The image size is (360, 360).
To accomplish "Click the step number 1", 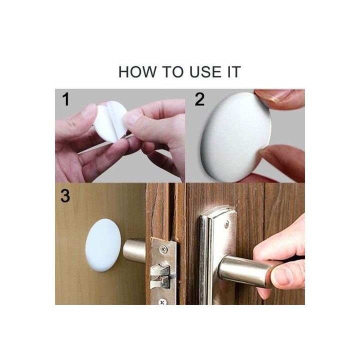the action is pyautogui.click(x=66, y=99).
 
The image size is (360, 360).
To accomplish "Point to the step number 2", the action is pyautogui.click(x=199, y=99).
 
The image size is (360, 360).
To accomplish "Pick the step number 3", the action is pyautogui.click(x=65, y=196).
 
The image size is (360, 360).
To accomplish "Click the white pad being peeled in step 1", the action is pyautogui.click(x=110, y=121).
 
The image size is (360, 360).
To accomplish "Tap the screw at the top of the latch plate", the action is pyautogui.click(x=163, y=248).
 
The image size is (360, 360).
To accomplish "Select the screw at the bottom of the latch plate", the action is pyautogui.click(x=163, y=301).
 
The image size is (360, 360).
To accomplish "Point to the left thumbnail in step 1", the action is pyautogui.click(x=89, y=110).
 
